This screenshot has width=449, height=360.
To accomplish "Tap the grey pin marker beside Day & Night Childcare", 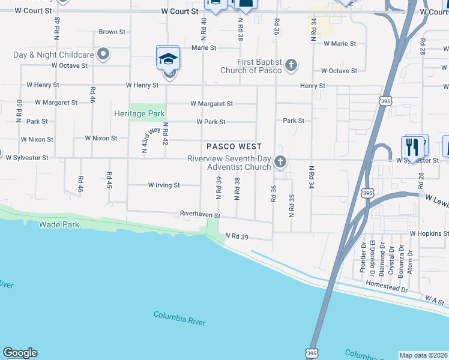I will point(103,55).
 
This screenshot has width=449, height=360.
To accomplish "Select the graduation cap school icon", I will point(168,58).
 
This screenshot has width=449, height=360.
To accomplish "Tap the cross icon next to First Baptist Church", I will point(291,65).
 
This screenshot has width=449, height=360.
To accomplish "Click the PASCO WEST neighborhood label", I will point(234,146).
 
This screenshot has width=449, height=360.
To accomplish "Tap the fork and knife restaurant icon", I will point(412,146).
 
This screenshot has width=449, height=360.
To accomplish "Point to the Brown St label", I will point(112,32).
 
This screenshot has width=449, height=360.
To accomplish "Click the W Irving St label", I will point(164,185).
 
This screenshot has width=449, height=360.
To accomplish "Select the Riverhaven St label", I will point(201,214).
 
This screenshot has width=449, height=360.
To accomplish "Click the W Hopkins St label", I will point(429,233).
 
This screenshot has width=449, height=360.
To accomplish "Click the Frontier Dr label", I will point(363,257).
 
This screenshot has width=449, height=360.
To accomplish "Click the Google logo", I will point(20,353).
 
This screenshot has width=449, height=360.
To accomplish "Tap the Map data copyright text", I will point(423,355).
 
